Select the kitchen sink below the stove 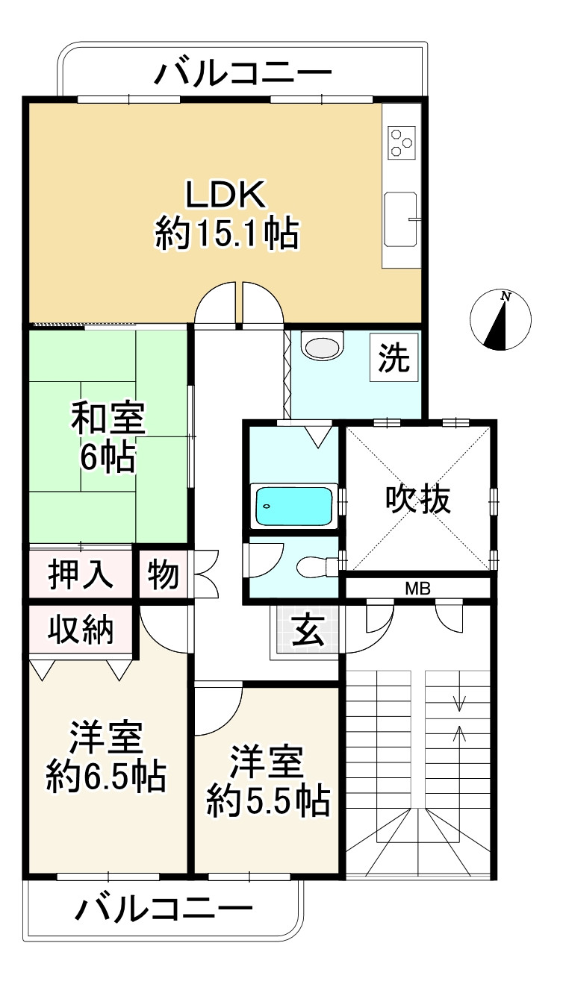click(x=402, y=219)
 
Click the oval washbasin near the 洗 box click(x=322, y=347)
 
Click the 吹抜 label click(x=418, y=500)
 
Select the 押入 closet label click(x=81, y=575)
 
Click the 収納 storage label click(x=81, y=630)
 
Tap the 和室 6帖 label click(x=108, y=438)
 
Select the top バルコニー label click(x=243, y=73)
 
